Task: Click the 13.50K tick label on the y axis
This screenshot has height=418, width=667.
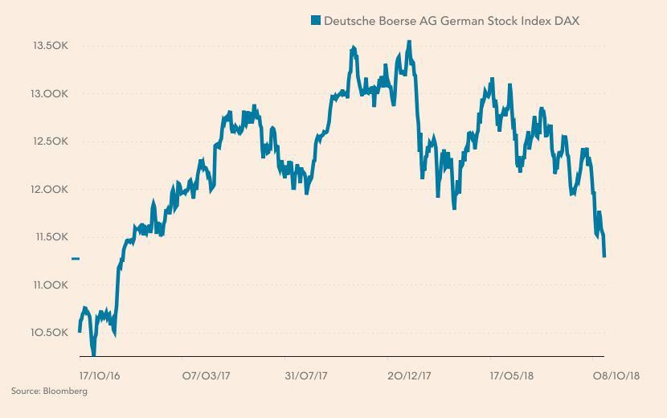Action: [x=50, y=46]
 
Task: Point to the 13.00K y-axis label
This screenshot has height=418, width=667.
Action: [x=50, y=94]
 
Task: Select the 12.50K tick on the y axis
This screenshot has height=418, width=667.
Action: [x=50, y=141]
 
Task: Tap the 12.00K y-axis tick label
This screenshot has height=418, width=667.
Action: [x=50, y=190]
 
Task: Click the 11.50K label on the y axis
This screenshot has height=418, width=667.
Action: [x=50, y=237]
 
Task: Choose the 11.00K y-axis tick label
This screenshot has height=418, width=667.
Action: [x=50, y=285]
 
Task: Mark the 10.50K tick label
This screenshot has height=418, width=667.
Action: [x=50, y=333]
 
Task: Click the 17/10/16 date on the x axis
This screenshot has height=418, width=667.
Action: [x=100, y=375]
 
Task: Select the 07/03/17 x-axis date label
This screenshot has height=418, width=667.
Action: [x=207, y=375]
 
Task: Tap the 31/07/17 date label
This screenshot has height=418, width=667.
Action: [x=309, y=375]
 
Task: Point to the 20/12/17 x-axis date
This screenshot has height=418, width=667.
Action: [x=410, y=375]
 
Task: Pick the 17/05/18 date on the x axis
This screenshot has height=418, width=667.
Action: [x=512, y=375]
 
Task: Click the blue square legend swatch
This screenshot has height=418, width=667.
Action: [x=316, y=21]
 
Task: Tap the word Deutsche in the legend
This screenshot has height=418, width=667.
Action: [x=350, y=21]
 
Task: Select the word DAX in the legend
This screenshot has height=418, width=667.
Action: [x=567, y=21]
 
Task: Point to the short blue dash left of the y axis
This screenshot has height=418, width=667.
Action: [x=76, y=259]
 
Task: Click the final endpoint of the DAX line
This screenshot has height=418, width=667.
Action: [x=604, y=256]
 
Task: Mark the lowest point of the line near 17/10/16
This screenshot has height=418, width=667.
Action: [x=93, y=353]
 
